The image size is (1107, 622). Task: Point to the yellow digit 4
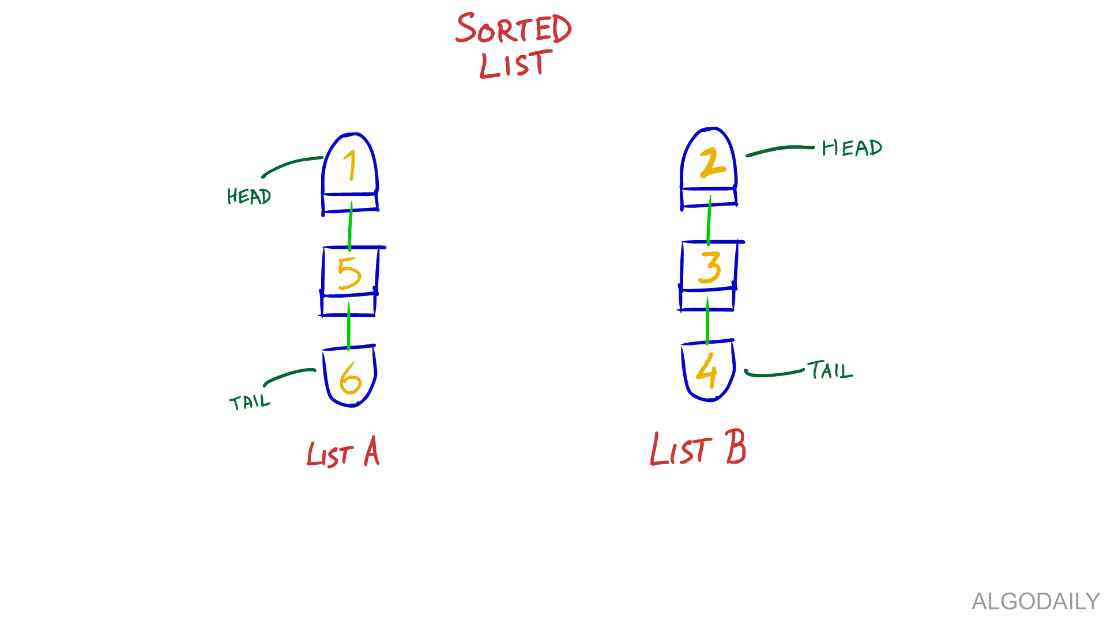716,370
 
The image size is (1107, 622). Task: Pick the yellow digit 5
357,273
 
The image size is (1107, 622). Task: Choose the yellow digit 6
356,378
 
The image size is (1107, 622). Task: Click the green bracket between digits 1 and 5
363,226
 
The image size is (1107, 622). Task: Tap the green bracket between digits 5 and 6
360,326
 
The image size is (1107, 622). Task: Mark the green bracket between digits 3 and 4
718,320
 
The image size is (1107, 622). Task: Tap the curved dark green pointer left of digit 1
288,168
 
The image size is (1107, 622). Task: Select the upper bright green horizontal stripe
173,223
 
